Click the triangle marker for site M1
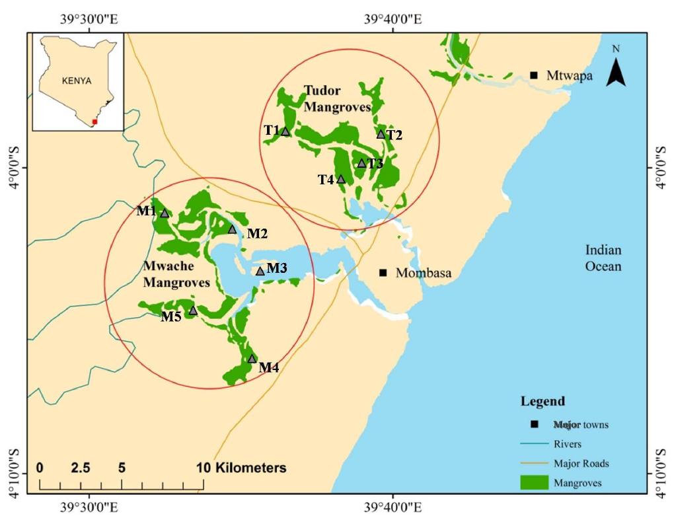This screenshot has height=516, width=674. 165,213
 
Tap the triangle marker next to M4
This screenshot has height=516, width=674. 252,359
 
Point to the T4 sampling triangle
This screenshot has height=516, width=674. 341,179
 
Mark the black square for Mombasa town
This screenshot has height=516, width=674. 383,273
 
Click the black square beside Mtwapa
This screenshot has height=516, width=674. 533,75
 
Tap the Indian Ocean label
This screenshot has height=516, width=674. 603,258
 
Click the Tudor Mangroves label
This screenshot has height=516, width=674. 336,98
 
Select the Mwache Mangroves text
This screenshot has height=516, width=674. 176,274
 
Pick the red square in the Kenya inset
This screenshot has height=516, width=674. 95,122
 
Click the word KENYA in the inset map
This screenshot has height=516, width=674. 76,81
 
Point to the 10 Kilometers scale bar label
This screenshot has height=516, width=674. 242,468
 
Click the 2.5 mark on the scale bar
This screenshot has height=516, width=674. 81,468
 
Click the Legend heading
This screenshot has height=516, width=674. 543,402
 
